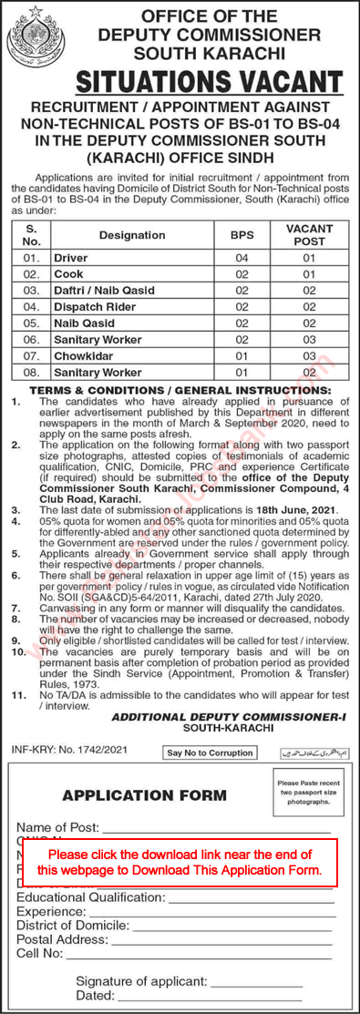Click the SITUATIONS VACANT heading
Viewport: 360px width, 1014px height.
tap(211, 82)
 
